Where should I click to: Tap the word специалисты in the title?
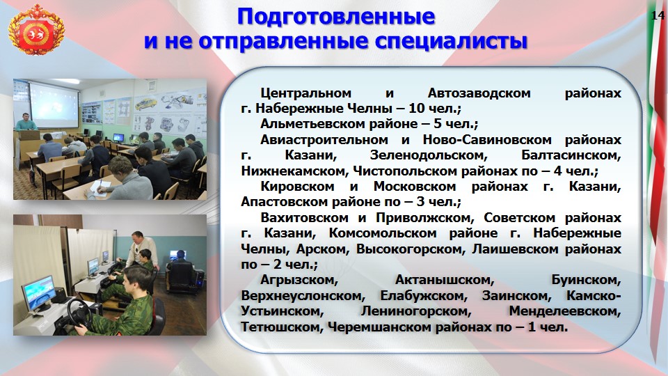click(451, 42)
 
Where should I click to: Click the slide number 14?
click(658, 15)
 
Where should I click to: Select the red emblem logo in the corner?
click(37, 33)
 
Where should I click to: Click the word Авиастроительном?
click(324, 139)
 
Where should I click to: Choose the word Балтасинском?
click(571, 155)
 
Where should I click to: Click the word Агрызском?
click(299, 280)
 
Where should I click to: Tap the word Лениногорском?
click(416, 311)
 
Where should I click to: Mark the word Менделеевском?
click(565, 311)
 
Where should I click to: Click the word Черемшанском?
click(381, 327)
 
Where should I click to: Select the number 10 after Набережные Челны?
click(417, 109)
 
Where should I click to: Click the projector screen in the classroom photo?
click(54, 105)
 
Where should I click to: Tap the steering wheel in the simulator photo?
click(79, 314)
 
